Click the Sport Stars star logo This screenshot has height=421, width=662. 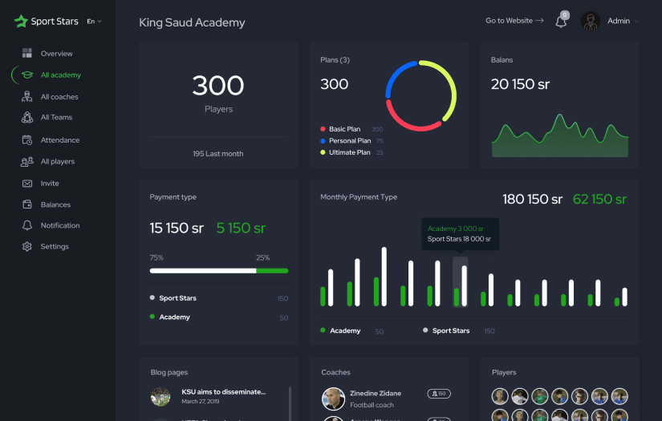pos(21,21)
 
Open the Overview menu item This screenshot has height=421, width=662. pos(56,54)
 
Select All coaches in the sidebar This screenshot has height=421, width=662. pos(59,97)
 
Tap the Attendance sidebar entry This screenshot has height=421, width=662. pos(60,140)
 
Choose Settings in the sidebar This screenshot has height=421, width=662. pos(55,247)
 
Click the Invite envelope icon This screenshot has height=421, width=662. pos(26,184)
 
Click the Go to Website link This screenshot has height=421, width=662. pos(514,21)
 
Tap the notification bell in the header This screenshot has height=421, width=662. pos(561,22)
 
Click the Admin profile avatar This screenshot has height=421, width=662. pos(591,21)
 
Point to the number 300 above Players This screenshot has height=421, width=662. pos(218,85)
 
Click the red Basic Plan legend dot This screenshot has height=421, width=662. pos(323,129)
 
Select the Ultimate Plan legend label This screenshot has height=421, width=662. pos(349,152)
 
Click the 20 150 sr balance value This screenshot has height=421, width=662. pos(520,84)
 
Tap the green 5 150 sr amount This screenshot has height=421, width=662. pos(241,228)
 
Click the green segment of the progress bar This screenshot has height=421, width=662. pos(272,271)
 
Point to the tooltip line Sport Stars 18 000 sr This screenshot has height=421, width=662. pos(459,239)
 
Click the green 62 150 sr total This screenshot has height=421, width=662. pos(599,199)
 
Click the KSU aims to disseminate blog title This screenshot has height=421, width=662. pos(223,392)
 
